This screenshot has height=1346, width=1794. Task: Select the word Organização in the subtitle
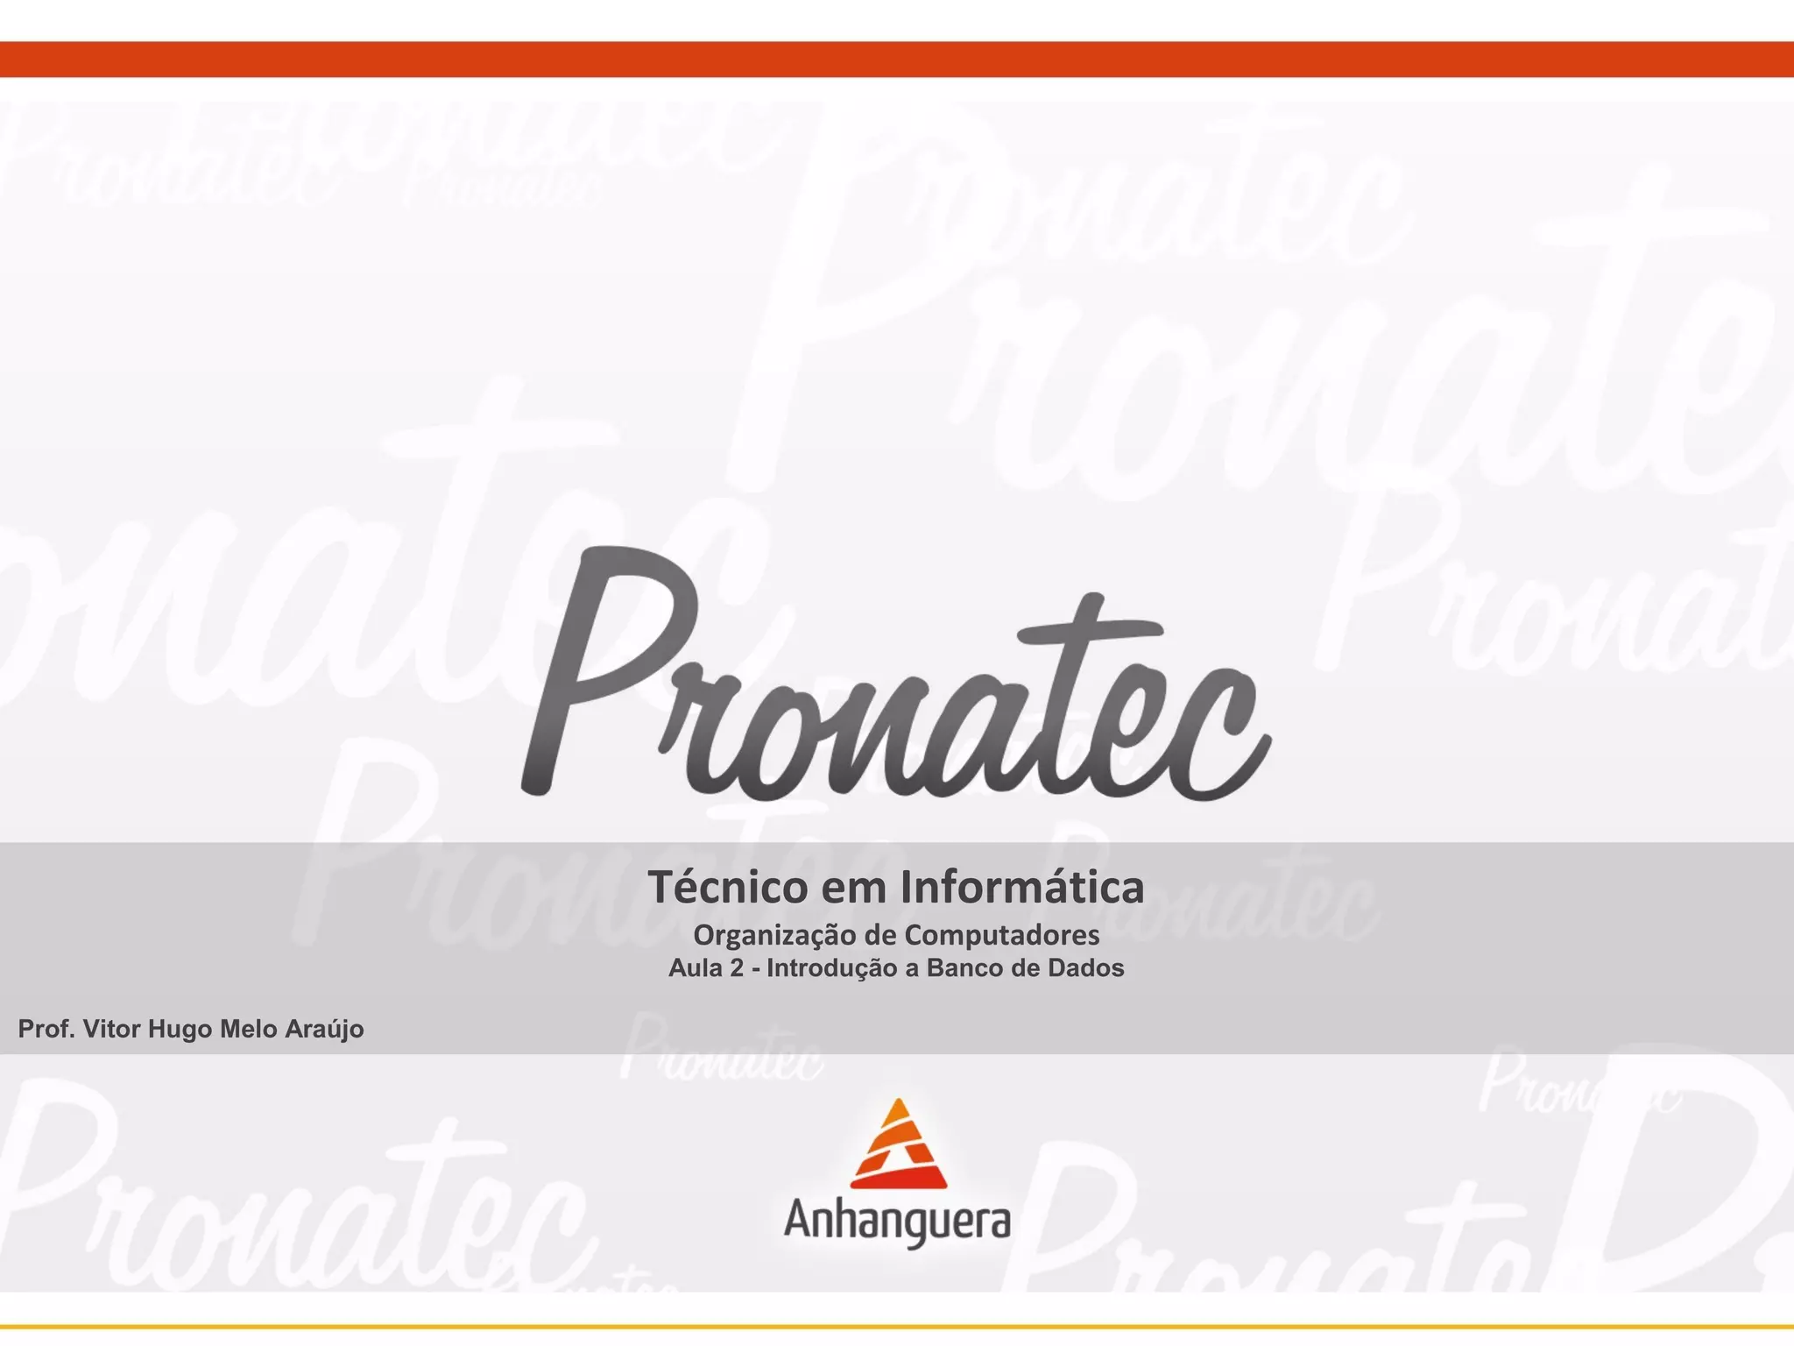[x=774, y=936]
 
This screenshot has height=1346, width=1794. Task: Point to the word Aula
[x=691, y=968]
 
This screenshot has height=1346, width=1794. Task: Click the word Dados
[x=1085, y=968]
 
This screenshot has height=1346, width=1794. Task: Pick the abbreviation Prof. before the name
[x=46, y=1029]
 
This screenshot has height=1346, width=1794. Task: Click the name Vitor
[x=111, y=1029]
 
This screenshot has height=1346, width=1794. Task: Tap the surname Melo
[x=249, y=1029]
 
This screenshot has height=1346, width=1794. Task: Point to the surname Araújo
[x=325, y=1030]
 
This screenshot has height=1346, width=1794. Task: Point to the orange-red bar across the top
[x=897, y=59]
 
